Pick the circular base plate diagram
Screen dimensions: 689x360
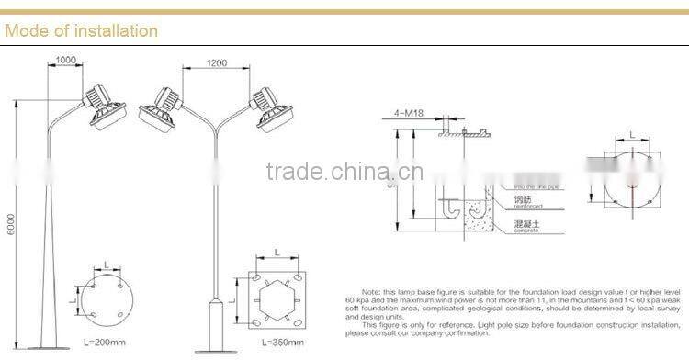[x=105, y=293]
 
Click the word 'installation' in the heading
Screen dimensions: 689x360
[x=114, y=31]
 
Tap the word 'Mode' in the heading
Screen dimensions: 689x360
[x=26, y=31]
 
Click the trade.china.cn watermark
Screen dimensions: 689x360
[x=344, y=172]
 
